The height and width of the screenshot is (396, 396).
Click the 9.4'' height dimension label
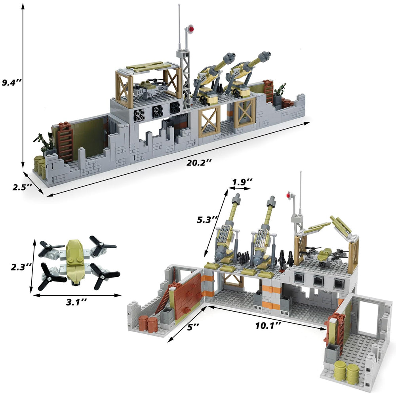[12, 82]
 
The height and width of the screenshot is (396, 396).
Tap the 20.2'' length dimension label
[199, 163]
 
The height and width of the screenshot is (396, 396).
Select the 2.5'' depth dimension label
[22, 187]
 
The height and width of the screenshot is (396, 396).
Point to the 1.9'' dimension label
[242, 182]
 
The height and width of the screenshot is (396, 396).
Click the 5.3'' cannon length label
[208, 219]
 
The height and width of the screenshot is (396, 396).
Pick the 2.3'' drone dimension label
[21, 267]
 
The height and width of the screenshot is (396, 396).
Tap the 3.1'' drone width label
[76, 302]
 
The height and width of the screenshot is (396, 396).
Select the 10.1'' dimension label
[268, 325]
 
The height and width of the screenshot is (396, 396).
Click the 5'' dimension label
[193, 327]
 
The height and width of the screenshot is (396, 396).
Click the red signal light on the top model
[191, 29]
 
